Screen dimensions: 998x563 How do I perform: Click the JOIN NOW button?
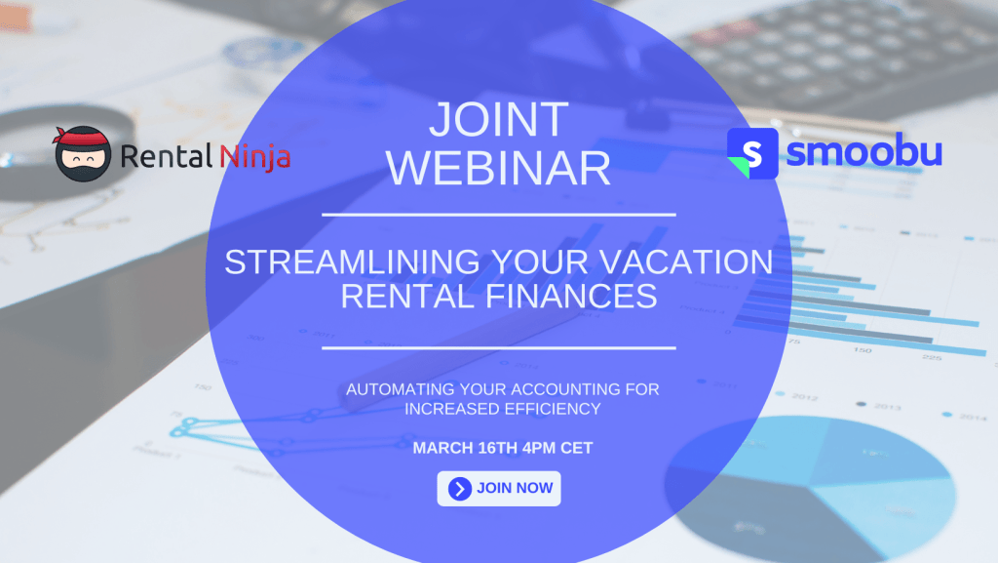(498, 489)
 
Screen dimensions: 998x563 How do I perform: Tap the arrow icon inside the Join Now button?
(460, 489)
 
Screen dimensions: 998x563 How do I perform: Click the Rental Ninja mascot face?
(83, 154)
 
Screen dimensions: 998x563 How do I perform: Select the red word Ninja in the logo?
(255, 157)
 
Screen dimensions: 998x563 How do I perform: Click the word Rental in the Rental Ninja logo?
(166, 156)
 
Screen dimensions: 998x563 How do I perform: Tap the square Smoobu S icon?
(752, 153)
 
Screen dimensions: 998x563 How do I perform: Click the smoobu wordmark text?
(864, 151)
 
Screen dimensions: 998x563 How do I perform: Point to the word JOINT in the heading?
(498, 120)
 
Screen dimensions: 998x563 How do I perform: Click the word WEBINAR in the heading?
(498, 168)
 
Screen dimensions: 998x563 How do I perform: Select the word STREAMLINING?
(352, 261)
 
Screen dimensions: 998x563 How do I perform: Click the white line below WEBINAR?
(499, 216)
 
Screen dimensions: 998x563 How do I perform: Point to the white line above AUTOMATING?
(499, 348)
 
